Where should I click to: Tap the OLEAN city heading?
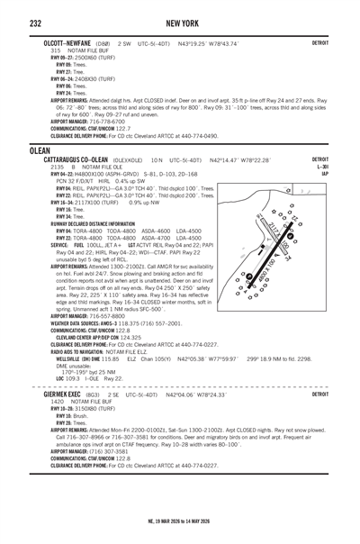[42, 150]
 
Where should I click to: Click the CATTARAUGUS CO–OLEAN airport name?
[88, 159]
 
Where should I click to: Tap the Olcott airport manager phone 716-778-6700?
[112, 122]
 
